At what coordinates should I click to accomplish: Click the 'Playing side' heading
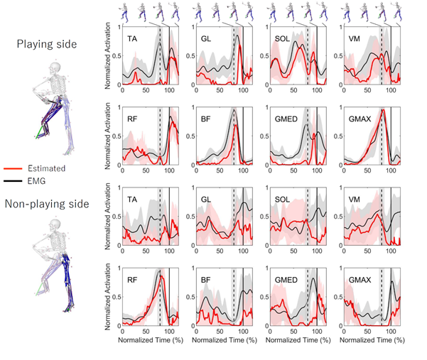47,44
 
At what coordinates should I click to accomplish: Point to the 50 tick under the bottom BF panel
219,332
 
